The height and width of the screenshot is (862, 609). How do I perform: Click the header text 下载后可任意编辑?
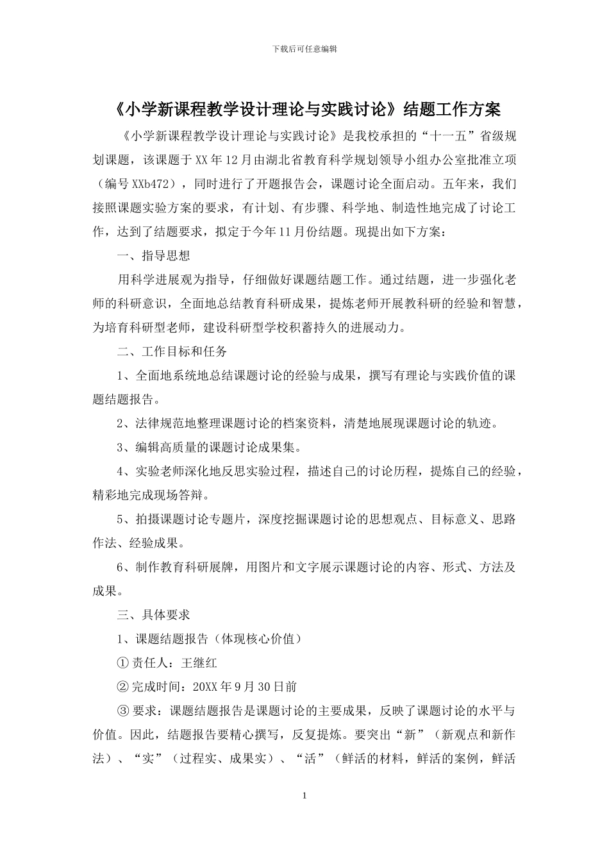[304, 49]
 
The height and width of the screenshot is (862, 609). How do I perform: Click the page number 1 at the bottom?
[304, 795]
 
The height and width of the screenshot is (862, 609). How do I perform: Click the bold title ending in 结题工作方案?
[304, 109]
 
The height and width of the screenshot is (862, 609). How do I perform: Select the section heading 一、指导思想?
[154, 255]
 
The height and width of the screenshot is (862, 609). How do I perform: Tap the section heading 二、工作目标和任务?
[172, 351]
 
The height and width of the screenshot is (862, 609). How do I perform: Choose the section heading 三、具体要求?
[154, 614]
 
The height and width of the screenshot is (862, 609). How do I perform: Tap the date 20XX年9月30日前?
[245, 686]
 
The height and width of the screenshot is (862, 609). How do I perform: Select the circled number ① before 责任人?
[123, 663]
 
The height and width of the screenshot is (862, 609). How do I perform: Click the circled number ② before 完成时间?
[123, 686]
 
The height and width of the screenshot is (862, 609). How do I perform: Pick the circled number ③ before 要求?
[123, 711]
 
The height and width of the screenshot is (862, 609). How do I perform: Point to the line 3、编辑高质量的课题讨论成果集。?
[208, 447]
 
